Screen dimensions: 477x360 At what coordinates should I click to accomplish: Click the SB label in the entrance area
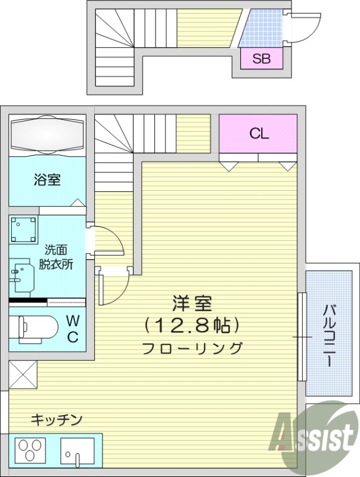(261, 58)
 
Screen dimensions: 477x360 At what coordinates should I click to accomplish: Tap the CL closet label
(259, 134)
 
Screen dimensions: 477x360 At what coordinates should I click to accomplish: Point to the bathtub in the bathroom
(48, 132)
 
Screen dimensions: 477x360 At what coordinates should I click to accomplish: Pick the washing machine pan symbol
(23, 231)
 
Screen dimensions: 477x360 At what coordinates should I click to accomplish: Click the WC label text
(72, 329)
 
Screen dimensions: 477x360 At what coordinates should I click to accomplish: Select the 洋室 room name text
(192, 304)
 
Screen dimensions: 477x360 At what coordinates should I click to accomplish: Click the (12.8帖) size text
(192, 326)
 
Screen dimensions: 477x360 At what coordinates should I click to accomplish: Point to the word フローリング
(192, 348)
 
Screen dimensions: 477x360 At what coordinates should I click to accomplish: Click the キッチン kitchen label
(56, 420)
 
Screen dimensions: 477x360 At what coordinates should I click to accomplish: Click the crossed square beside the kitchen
(23, 375)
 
